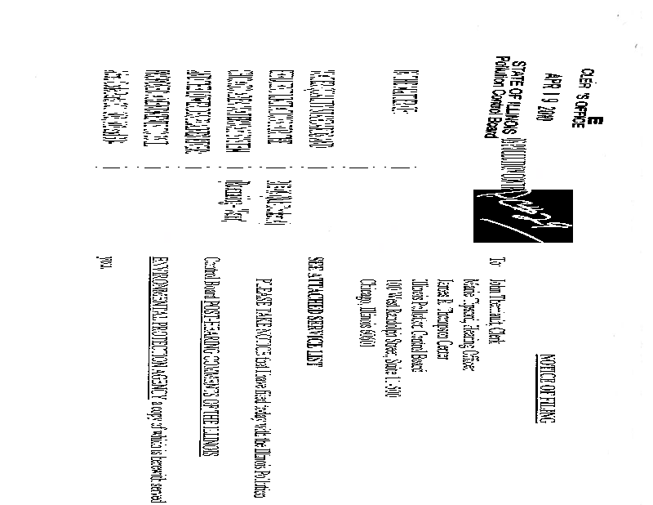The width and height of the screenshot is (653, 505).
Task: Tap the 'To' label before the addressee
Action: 492,265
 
